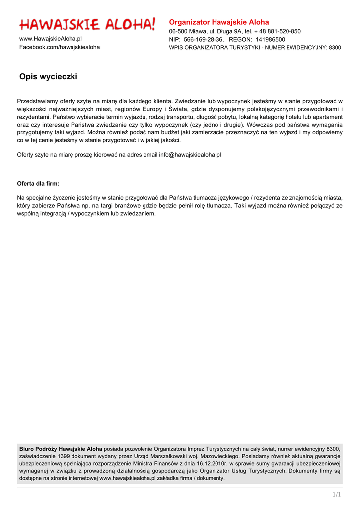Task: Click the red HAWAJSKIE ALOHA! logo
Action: [x=87, y=24]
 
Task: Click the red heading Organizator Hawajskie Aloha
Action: [x=219, y=22]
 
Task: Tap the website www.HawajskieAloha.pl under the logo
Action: [x=51, y=38]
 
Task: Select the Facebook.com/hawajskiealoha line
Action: [x=60, y=47]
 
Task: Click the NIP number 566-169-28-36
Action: [x=204, y=39]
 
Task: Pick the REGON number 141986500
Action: [x=270, y=39]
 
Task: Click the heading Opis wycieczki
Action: [x=48, y=77]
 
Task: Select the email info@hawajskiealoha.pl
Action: [x=190, y=155]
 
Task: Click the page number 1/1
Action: [x=337, y=494]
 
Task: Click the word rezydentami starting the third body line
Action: [x=34, y=117]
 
